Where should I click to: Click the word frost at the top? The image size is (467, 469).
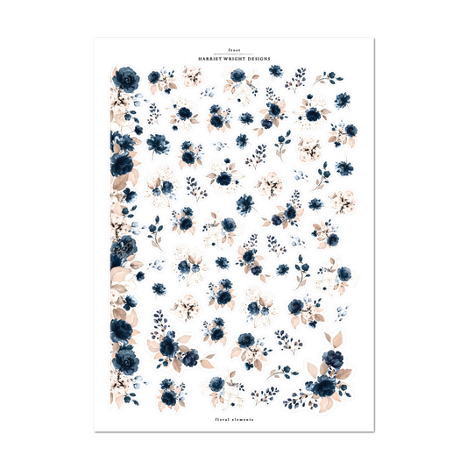pyautogui.click(x=233, y=52)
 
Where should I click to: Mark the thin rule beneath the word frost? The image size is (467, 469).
pyautogui.click(x=233, y=55)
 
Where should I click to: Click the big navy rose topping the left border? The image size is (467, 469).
pyautogui.click(x=128, y=80)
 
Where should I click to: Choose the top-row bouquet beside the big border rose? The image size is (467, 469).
pyautogui.click(x=159, y=80)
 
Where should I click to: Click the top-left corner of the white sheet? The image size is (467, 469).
pyautogui.click(x=95, y=38)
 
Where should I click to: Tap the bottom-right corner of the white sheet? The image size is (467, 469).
pyautogui.click(x=374, y=430)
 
